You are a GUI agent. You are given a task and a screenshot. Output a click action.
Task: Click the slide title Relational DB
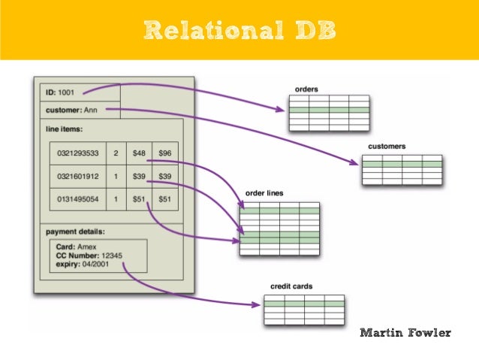pos(239,30)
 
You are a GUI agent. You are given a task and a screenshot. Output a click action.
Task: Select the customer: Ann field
pos(72,110)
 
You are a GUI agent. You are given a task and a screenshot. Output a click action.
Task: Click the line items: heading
pos(65,129)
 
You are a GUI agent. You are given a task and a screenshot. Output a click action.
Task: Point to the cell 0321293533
pos(77,153)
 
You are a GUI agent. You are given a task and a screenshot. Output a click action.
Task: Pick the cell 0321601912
pos(77,176)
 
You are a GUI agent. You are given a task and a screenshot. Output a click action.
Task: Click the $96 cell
pos(165,153)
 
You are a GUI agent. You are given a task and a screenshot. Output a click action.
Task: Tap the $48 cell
pos(139,153)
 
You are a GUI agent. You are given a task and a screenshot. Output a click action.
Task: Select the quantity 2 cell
pos(116,153)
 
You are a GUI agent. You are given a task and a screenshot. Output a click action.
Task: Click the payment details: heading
pos(75,231)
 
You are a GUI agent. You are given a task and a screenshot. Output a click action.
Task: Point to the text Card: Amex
pos(77,247)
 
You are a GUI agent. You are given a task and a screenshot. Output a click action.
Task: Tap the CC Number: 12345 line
pos(89,256)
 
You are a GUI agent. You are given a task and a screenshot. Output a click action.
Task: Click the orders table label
pos(306,89)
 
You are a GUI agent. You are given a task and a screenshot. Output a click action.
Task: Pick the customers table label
pos(387,146)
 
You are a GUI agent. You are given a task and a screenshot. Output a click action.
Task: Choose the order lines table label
pos(264,193)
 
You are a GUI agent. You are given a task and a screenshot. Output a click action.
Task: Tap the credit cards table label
pos(291,286)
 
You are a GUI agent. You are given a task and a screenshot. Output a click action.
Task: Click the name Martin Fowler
pos(405,332)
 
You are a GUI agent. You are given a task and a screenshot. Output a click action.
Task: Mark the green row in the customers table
pos(402,165)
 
